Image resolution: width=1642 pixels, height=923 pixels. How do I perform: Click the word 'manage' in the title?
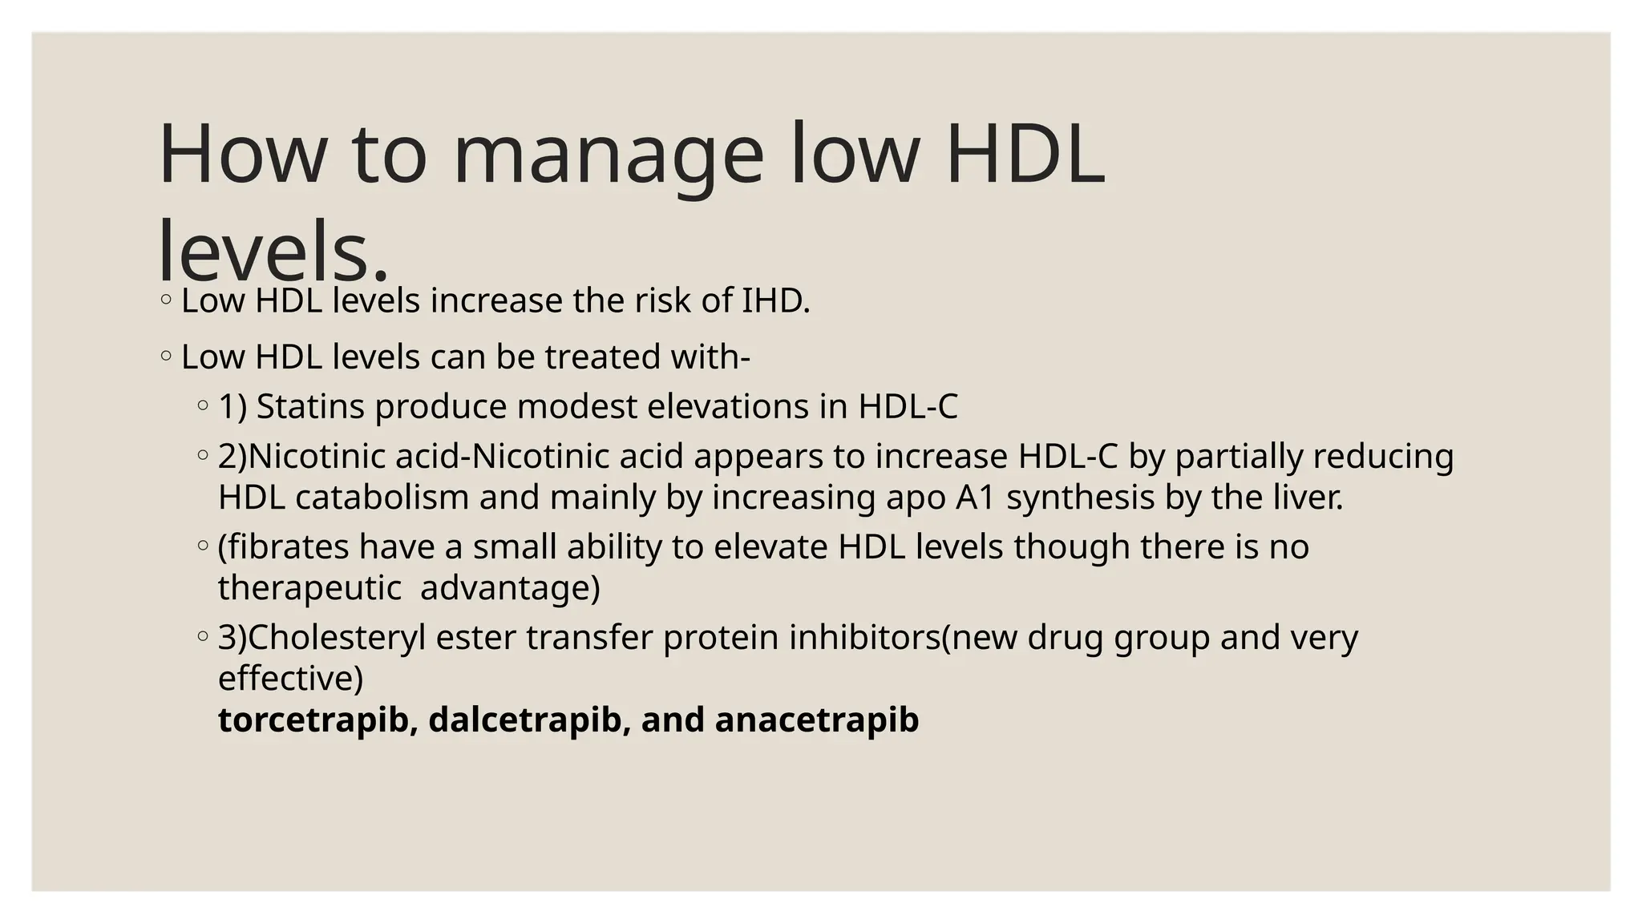click(x=608, y=155)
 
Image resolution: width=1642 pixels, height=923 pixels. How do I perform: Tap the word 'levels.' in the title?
click(x=273, y=252)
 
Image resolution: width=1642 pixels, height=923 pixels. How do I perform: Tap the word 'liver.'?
click(x=1308, y=498)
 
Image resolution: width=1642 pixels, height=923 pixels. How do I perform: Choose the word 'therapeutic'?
click(x=309, y=588)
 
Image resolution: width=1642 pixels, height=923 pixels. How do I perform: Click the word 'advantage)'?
click(x=510, y=588)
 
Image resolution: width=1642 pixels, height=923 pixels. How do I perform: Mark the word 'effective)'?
click(x=290, y=679)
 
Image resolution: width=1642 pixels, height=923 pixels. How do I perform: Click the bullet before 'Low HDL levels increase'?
click(x=165, y=301)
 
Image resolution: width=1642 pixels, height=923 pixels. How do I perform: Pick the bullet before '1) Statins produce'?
click(x=202, y=405)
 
